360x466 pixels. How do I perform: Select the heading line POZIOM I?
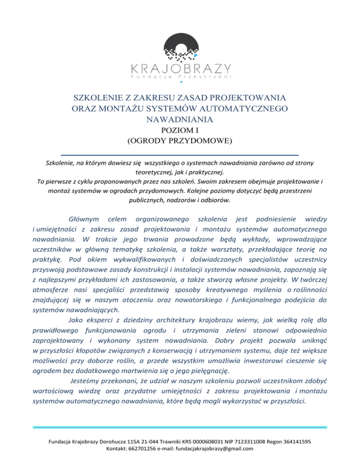180,130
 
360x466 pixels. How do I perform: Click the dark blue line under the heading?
180,154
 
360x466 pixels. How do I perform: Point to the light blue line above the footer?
180,428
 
